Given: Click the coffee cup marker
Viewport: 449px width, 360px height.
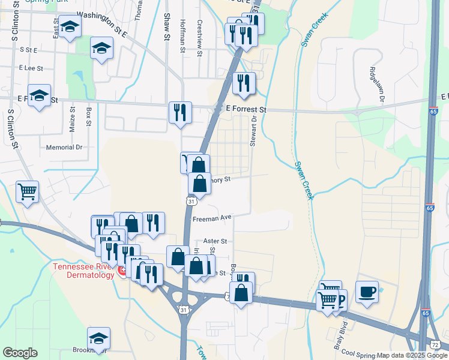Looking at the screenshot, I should click(367, 292).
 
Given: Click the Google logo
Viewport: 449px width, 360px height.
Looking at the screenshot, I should click(20, 353).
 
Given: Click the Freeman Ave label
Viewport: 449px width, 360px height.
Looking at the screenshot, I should click(212, 218).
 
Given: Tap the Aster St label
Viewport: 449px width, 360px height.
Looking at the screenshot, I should click(215, 241).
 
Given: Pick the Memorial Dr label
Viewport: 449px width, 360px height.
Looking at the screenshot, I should click(64, 147).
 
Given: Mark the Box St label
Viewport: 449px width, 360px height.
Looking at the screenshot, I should click(88, 116).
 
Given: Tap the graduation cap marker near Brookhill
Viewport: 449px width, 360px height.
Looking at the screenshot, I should click(99, 338).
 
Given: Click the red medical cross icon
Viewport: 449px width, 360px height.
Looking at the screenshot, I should click(122, 271).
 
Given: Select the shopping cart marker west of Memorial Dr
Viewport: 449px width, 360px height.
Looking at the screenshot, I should click(27, 192).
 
